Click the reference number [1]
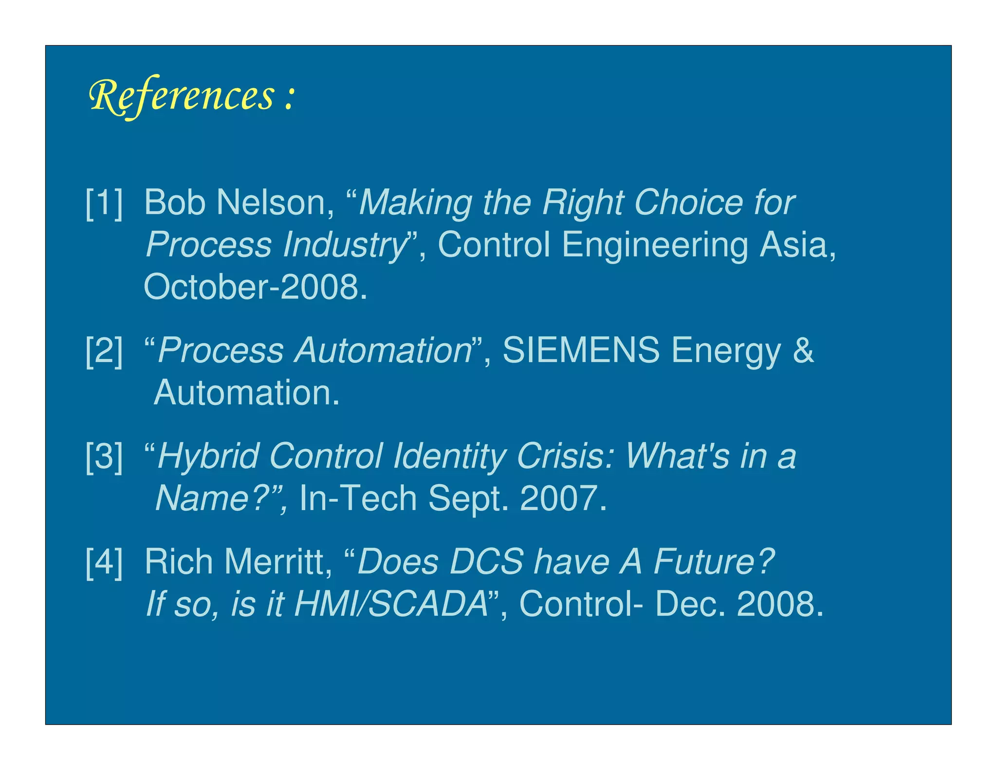[x=104, y=203]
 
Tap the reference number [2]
[x=104, y=350]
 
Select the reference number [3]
[x=104, y=457]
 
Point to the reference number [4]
[x=104, y=563]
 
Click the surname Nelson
[x=275, y=202]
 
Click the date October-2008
[x=255, y=287]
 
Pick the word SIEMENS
[x=581, y=350]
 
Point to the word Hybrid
[x=208, y=457]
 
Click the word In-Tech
[x=358, y=499]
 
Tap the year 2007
[x=563, y=499]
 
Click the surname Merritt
[x=278, y=562]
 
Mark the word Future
[x=713, y=562]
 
